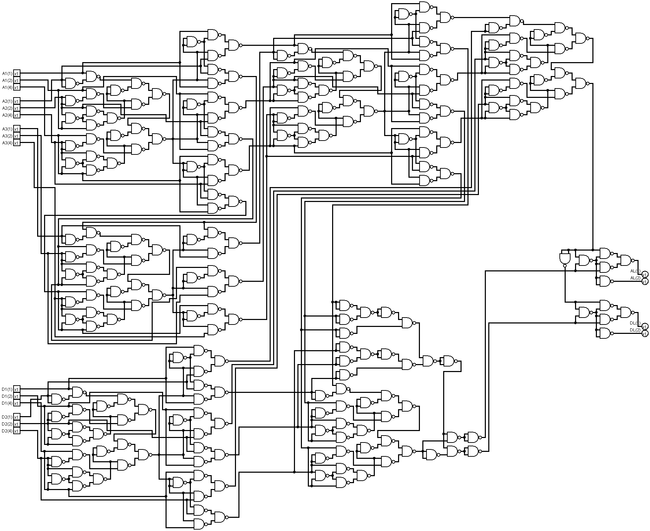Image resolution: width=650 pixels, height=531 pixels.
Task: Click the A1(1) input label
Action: pos(7,74)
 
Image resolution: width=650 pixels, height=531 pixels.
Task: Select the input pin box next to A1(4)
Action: pos(17,87)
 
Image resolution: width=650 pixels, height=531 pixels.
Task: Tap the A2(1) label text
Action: pos(7,101)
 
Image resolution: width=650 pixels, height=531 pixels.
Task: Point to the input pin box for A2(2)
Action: pos(17,108)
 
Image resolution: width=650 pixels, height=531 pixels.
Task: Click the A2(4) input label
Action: pos(7,115)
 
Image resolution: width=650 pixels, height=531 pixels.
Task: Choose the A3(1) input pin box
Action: pos(17,129)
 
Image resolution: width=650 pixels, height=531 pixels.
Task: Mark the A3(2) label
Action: pos(7,136)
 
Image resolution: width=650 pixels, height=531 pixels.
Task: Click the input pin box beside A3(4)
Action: pos(17,143)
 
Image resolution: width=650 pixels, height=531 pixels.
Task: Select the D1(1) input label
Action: pos(7,389)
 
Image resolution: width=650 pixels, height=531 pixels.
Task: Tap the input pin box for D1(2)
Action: pos(17,396)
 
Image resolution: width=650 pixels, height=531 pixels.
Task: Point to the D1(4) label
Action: pos(7,403)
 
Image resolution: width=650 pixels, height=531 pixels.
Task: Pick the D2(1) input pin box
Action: pos(17,417)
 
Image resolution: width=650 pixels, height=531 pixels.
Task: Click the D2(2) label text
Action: pos(7,424)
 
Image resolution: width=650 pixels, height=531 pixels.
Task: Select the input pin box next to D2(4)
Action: pos(17,431)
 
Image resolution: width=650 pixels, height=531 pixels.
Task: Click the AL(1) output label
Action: pos(635,271)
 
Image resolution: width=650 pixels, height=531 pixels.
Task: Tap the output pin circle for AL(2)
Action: pos(645,281)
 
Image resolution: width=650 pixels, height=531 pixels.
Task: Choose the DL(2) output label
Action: pos(635,330)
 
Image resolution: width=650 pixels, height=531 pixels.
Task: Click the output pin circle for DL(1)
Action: pos(645,327)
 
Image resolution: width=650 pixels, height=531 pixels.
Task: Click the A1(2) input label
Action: pos(7,81)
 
